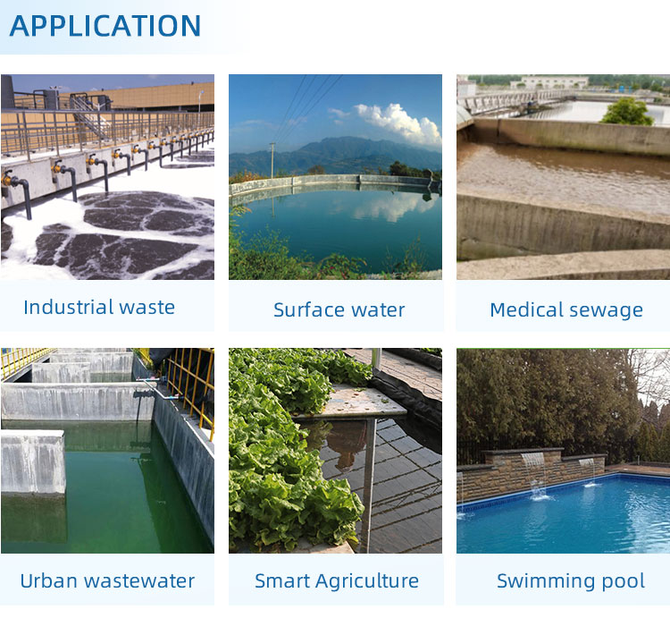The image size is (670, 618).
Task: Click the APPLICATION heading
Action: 105,25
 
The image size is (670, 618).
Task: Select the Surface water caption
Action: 339,310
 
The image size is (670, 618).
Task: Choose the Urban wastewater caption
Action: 107,581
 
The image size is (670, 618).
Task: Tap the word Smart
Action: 281,581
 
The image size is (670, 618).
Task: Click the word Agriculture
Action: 367,581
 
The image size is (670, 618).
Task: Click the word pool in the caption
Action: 623,581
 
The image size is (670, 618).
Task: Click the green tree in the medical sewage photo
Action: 627,112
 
